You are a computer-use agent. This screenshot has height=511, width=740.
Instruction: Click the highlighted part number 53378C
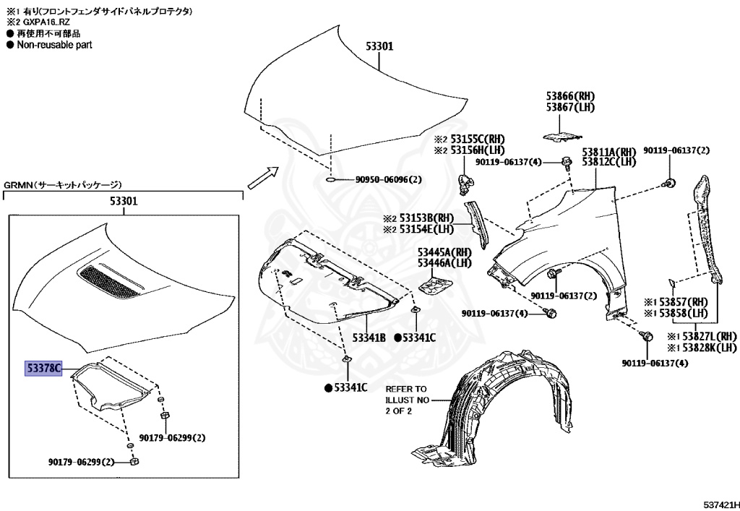pos(43,367)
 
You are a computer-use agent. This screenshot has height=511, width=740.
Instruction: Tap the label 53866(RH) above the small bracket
pos(569,95)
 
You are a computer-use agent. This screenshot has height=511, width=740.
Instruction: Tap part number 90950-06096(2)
pos(387,180)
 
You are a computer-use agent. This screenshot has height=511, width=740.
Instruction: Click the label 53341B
pos(369,338)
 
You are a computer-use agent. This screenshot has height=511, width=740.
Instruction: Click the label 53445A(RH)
pos(444,252)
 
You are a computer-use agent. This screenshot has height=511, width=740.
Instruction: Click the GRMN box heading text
pos(63,185)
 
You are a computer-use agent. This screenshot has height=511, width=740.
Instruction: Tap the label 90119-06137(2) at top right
pos(677,150)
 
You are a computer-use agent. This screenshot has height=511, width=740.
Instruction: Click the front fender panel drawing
pos(571,231)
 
